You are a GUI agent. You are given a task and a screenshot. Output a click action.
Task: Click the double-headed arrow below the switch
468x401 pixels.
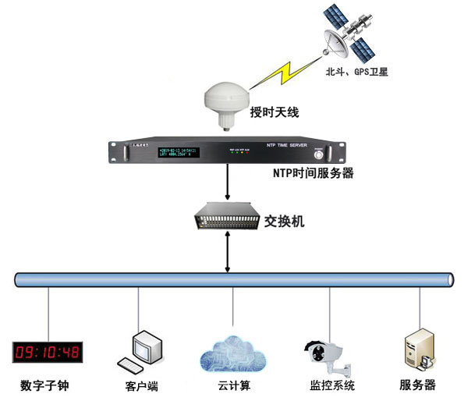[227, 254]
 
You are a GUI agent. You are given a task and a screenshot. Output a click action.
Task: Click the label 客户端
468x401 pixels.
[141, 385]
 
